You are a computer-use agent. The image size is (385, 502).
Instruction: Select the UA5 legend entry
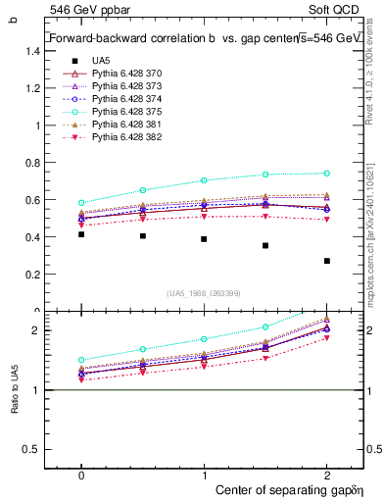[101, 61]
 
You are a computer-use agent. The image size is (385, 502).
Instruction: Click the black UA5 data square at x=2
[327, 261]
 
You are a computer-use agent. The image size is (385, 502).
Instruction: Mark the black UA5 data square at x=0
[81, 234]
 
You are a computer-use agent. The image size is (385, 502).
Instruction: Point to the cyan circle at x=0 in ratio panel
[81, 360]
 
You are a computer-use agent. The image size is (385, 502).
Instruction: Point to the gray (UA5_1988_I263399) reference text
[204, 293]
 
